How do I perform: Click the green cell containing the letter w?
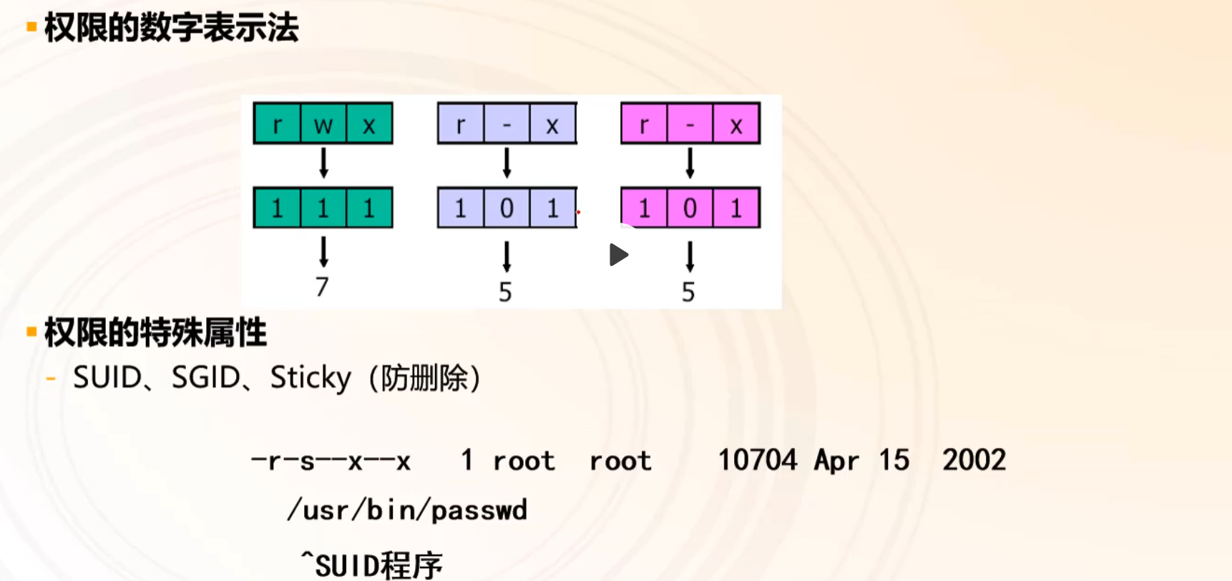click(x=323, y=125)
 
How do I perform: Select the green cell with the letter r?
click(x=277, y=125)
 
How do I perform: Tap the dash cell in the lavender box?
click(x=507, y=125)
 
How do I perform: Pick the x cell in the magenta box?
click(x=735, y=125)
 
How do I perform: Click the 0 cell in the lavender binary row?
click(x=507, y=208)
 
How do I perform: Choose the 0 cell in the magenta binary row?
click(x=690, y=208)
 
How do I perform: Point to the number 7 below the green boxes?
click(x=322, y=287)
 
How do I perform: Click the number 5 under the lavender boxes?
click(x=505, y=292)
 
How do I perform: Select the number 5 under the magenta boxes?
click(x=688, y=292)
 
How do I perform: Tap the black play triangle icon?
click(x=618, y=255)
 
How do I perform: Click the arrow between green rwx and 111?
click(x=323, y=163)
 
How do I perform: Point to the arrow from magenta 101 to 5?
click(x=690, y=256)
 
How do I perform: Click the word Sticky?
click(x=311, y=378)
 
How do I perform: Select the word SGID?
click(x=206, y=378)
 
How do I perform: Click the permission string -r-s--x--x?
click(x=331, y=462)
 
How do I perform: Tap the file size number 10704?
click(x=757, y=460)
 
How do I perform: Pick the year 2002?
click(x=974, y=460)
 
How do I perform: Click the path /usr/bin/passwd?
click(x=407, y=510)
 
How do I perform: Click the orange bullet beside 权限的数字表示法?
click(x=31, y=27)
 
